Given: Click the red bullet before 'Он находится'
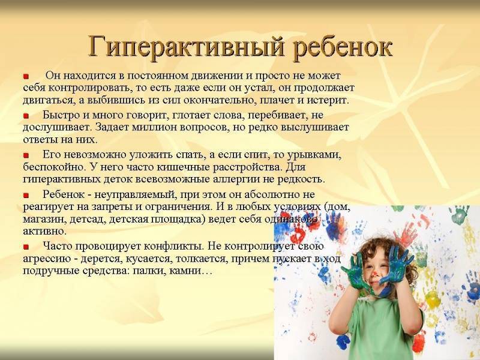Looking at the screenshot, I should (26, 77).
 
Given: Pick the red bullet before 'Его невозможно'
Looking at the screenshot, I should (26, 155).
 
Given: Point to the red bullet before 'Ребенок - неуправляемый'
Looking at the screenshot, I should (26, 195).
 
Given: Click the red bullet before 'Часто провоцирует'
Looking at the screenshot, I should (26, 247).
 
